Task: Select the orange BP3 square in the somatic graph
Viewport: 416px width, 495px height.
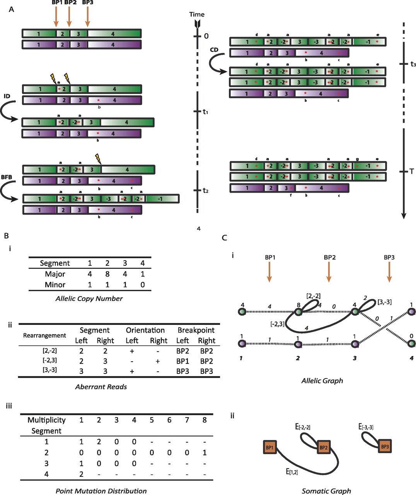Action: coord(384,447)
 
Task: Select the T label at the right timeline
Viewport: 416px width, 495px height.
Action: coord(412,171)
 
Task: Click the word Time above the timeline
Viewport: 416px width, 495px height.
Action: coord(197,15)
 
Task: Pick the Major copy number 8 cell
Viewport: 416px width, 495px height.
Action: coord(107,274)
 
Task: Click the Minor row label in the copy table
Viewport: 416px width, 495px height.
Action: coord(55,285)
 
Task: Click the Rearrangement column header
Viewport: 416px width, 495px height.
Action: coord(44,335)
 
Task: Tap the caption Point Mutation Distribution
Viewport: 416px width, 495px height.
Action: coord(101,491)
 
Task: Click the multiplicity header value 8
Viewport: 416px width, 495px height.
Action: coord(205,420)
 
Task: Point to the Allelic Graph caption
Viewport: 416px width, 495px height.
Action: coord(322,381)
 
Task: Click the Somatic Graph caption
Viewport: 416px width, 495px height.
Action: coord(326,491)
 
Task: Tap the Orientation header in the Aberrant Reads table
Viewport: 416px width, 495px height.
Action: coord(145,330)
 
